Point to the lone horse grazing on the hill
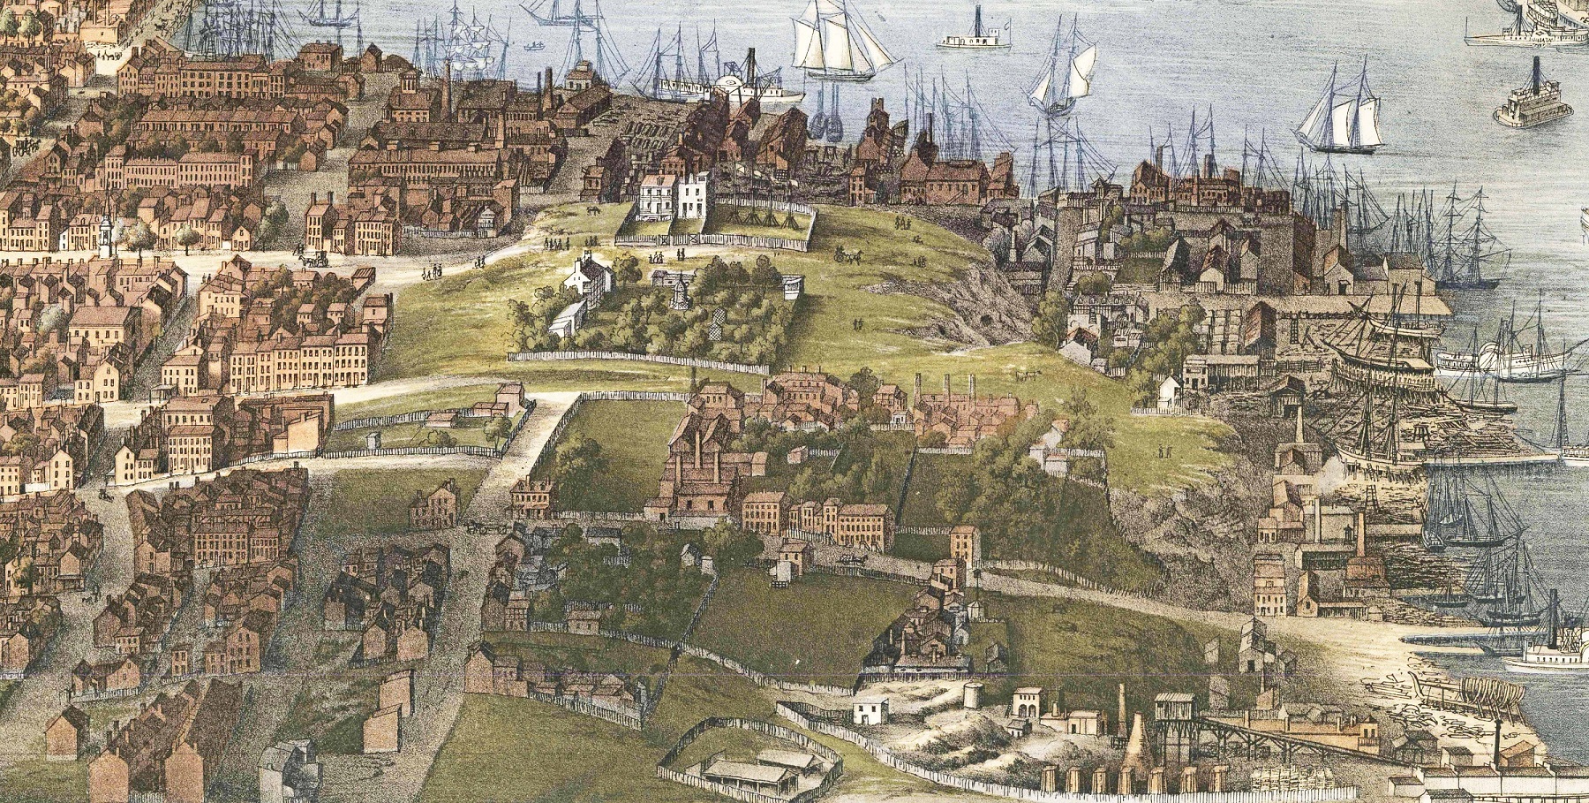click(594, 211)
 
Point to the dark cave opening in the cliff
click(949, 327)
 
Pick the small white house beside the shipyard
click(1170, 389)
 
